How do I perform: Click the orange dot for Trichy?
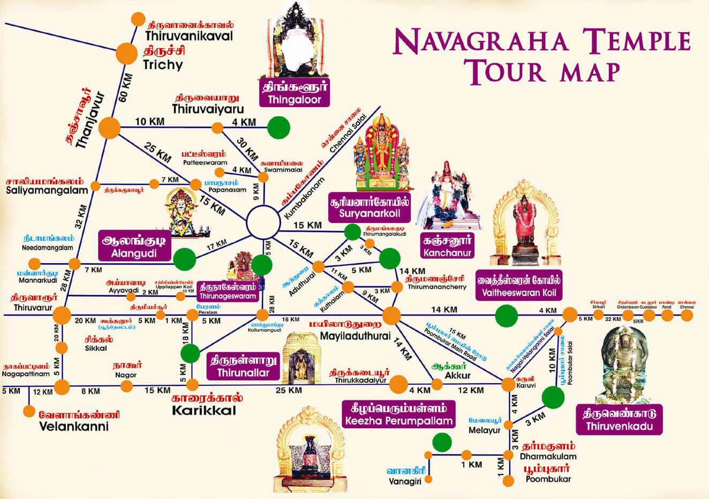(x=127, y=53)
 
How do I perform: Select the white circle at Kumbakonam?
(x=263, y=221)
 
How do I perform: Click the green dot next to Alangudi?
(x=185, y=258)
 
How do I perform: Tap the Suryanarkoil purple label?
(x=370, y=209)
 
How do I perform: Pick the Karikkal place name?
(x=203, y=411)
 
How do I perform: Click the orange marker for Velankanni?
(x=29, y=411)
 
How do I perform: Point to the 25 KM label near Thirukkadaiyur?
(x=289, y=390)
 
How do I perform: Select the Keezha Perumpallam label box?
(x=399, y=414)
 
